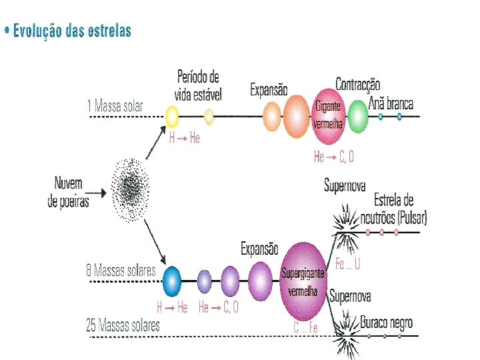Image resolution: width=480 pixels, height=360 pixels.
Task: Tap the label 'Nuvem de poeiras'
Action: point(68,192)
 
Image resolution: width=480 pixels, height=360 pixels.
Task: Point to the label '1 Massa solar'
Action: point(115,105)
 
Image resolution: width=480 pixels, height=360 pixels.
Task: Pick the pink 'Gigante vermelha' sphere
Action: point(327,116)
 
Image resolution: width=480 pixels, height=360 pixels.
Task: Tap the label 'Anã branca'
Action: point(391,103)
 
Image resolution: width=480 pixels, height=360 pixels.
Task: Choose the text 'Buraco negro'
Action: point(386,323)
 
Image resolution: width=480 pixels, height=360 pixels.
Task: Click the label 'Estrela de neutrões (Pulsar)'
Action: point(394,209)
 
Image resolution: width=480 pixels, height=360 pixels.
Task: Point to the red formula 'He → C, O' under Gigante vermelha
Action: point(333,157)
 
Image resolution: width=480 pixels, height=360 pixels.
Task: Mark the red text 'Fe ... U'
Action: point(347,264)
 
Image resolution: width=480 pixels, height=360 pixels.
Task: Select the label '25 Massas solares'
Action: point(123,325)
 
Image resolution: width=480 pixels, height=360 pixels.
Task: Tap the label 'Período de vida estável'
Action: point(198,85)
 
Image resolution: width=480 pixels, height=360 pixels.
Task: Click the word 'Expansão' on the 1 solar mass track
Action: point(269,89)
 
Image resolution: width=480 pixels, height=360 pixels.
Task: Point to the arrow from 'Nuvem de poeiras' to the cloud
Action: point(97,193)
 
